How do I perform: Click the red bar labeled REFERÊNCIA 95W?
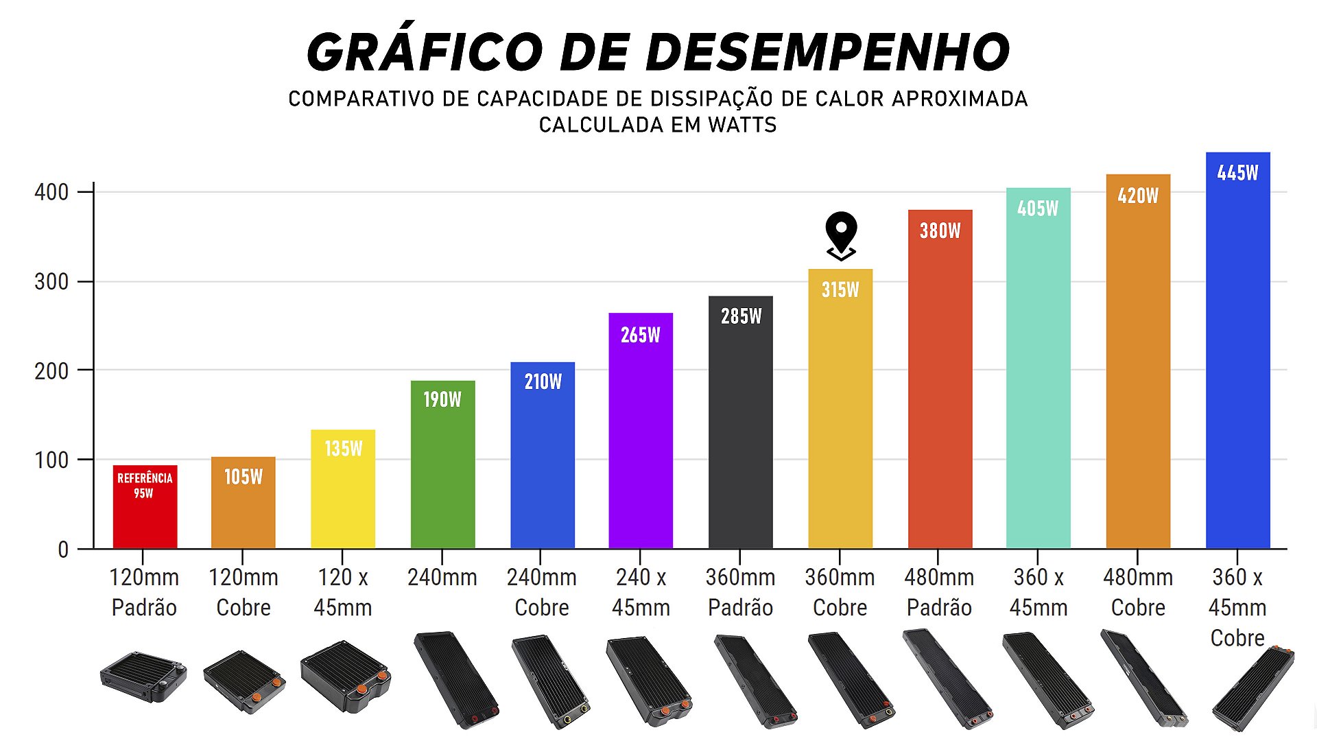(x=145, y=508)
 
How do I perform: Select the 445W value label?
(x=1237, y=173)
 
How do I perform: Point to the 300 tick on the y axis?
(x=51, y=282)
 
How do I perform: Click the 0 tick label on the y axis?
(x=63, y=550)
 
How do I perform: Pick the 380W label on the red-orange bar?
(x=940, y=231)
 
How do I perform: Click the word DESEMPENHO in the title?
(x=785, y=53)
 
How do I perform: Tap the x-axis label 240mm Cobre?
(x=541, y=592)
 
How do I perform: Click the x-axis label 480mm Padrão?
(x=939, y=592)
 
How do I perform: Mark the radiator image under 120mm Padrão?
(x=143, y=677)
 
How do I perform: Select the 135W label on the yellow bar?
(x=343, y=449)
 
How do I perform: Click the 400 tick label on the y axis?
(x=51, y=193)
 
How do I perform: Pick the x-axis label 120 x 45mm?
(x=342, y=592)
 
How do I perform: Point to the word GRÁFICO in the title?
(x=425, y=53)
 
